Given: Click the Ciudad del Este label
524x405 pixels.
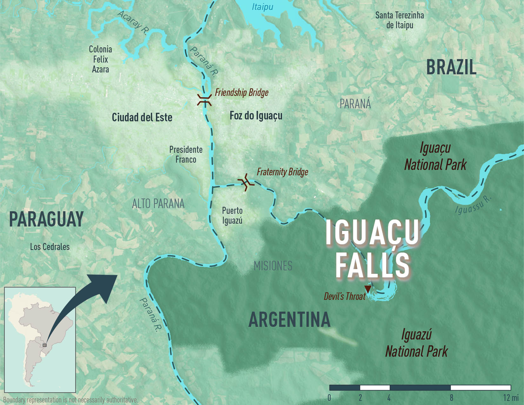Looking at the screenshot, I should click(x=142, y=118).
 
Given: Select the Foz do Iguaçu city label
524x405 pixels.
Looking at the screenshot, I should click(x=256, y=116).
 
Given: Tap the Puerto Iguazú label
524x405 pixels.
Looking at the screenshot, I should click(x=232, y=215).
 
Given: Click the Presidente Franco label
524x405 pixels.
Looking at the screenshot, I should click(x=186, y=154).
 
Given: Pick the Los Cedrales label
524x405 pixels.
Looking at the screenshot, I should click(x=50, y=247).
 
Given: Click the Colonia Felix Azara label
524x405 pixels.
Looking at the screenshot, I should click(x=100, y=59).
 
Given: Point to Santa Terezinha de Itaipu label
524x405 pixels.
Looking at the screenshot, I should click(x=400, y=20).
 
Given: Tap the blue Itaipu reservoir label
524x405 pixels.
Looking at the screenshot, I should click(x=262, y=7).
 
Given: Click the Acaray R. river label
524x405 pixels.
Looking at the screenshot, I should click(x=133, y=22).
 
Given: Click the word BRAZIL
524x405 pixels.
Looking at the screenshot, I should click(x=451, y=67).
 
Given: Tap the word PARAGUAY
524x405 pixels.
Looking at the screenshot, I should click(x=46, y=219).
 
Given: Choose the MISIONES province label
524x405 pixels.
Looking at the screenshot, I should click(x=273, y=266).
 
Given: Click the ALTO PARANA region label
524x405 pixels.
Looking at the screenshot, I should click(x=158, y=204).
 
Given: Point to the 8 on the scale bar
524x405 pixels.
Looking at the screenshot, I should click(x=451, y=398).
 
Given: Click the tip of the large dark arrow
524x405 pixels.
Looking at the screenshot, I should click(x=116, y=275).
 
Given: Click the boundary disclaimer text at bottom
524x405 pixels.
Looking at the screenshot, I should click(x=71, y=400).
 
